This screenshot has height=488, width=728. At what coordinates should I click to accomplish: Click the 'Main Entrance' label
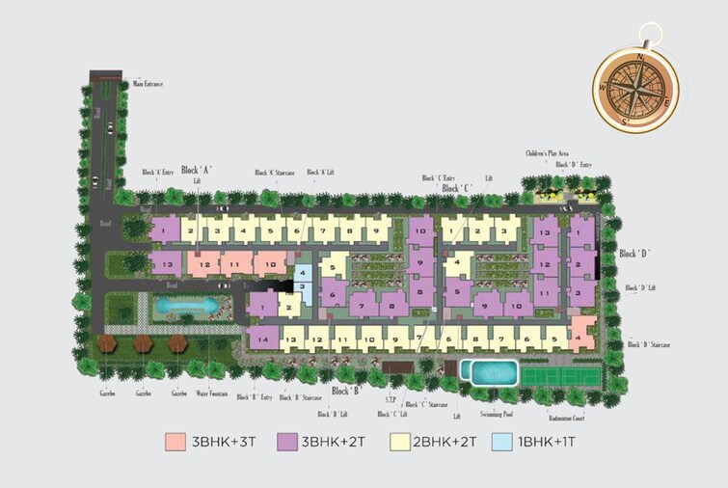148,85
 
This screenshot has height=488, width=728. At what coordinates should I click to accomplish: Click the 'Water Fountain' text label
216,393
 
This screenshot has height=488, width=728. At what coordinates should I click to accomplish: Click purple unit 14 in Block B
261,337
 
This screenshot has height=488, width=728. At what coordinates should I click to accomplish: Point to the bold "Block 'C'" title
457,188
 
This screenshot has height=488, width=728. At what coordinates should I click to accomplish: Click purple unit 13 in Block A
166,264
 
